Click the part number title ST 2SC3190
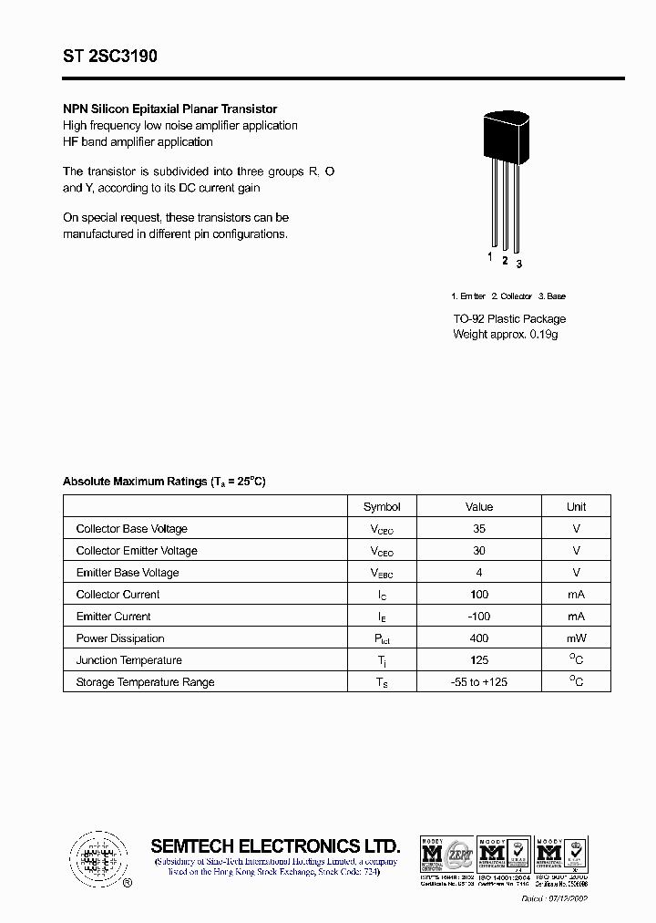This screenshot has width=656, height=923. click(x=110, y=57)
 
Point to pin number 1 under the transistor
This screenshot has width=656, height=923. click(x=490, y=257)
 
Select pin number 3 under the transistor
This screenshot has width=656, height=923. click(x=519, y=264)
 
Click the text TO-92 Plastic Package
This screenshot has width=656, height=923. click(x=509, y=319)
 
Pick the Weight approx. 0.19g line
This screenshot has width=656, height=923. click(x=505, y=335)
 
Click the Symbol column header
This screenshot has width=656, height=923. click(x=382, y=507)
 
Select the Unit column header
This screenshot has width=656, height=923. click(x=576, y=507)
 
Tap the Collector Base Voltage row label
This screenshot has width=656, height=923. click(x=132, y=529)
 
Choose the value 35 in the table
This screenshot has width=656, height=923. click(x=479, y=529)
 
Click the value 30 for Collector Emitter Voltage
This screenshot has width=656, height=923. click(x=479, y=551)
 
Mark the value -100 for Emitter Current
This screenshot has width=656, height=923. click(x=479, y=617)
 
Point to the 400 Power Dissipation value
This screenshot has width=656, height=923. click(x=479, y=638)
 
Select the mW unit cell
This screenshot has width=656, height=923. click(x=576, y=638)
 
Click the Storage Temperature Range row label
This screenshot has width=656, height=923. click(x=145, y=682)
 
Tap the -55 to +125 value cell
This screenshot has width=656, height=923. click(x=479, y=682)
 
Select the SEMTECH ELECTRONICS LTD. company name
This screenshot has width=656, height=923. click(x=274, y=845)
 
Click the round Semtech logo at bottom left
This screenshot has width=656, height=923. click(x=97, y=857)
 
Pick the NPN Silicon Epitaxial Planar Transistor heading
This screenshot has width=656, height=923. click(x=169, y=109)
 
